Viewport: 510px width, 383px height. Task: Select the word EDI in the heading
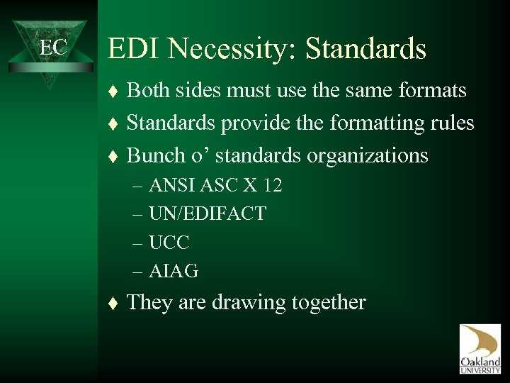click(x=132, y=50)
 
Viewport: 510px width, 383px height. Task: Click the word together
click(x=330, y=304)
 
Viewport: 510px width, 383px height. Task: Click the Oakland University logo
click(x=480, y=348)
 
